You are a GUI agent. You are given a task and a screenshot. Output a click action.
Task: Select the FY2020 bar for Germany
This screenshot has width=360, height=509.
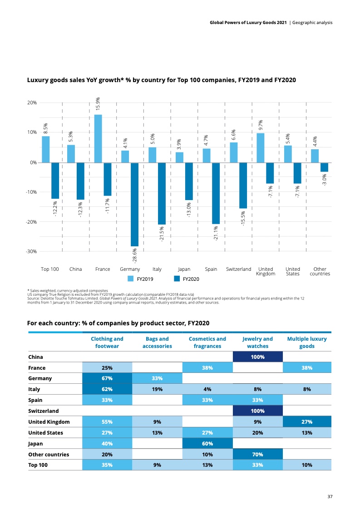tap(134, 204)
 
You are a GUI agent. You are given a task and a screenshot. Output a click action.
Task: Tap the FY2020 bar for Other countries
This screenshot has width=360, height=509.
tap(324, 167)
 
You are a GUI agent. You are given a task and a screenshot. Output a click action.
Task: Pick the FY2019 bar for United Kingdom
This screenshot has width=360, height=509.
tap(261, 148)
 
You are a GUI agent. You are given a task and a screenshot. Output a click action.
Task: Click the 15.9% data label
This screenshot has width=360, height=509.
tap(98, 104)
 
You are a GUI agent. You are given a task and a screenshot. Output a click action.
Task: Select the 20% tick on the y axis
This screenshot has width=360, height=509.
tap(32, 103)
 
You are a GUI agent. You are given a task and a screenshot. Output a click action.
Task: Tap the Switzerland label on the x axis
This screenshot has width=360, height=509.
tap(238, 269)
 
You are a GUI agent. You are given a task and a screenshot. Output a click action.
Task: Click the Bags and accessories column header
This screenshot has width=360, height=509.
tap(157, 343)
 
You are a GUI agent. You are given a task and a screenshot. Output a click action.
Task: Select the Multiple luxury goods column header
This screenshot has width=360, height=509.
tap(307, 343)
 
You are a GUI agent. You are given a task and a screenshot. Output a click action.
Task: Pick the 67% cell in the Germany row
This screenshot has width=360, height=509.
tap(107, 378)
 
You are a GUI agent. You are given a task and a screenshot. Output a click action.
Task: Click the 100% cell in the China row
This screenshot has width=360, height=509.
tap(257, 357)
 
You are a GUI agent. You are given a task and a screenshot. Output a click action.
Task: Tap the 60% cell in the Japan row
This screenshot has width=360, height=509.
tap(207, 443)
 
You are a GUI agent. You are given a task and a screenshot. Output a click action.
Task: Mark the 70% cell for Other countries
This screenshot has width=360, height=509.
tap(257, 454)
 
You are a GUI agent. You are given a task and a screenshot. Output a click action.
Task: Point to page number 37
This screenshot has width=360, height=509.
tap(330, 497)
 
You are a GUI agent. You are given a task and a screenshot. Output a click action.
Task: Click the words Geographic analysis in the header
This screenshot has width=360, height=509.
tap(313, 22)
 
